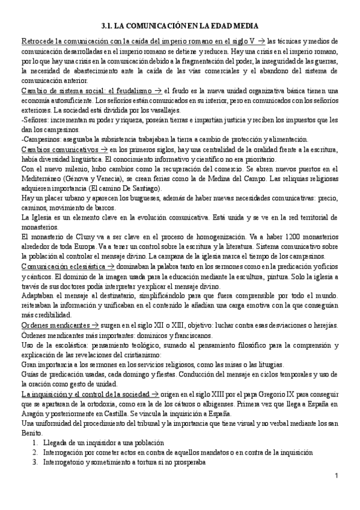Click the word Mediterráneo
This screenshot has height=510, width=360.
click(41, 179)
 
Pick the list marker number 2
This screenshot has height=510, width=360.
click(36, 453)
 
